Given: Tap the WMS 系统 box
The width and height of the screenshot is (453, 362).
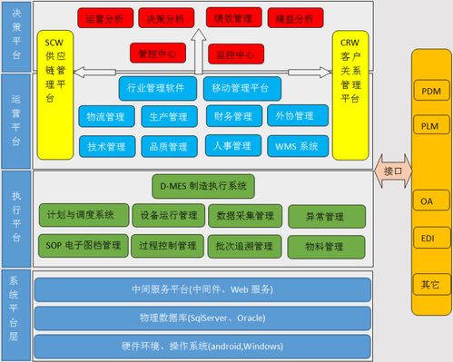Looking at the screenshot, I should click(297, 145).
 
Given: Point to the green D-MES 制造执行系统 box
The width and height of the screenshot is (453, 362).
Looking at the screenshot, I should click(203, 187).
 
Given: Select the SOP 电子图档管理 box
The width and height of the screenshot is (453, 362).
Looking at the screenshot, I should click(83, 245).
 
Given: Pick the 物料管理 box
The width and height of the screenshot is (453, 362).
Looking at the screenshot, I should click(321, 246).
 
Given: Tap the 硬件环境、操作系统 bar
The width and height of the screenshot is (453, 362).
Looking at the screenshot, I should click(202, 346).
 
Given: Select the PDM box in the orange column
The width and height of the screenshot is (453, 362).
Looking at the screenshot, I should click(430, 92).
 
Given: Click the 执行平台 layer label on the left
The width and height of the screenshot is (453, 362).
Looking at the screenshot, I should click(16, 218).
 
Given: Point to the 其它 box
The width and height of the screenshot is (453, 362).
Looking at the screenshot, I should click(430, 284).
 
